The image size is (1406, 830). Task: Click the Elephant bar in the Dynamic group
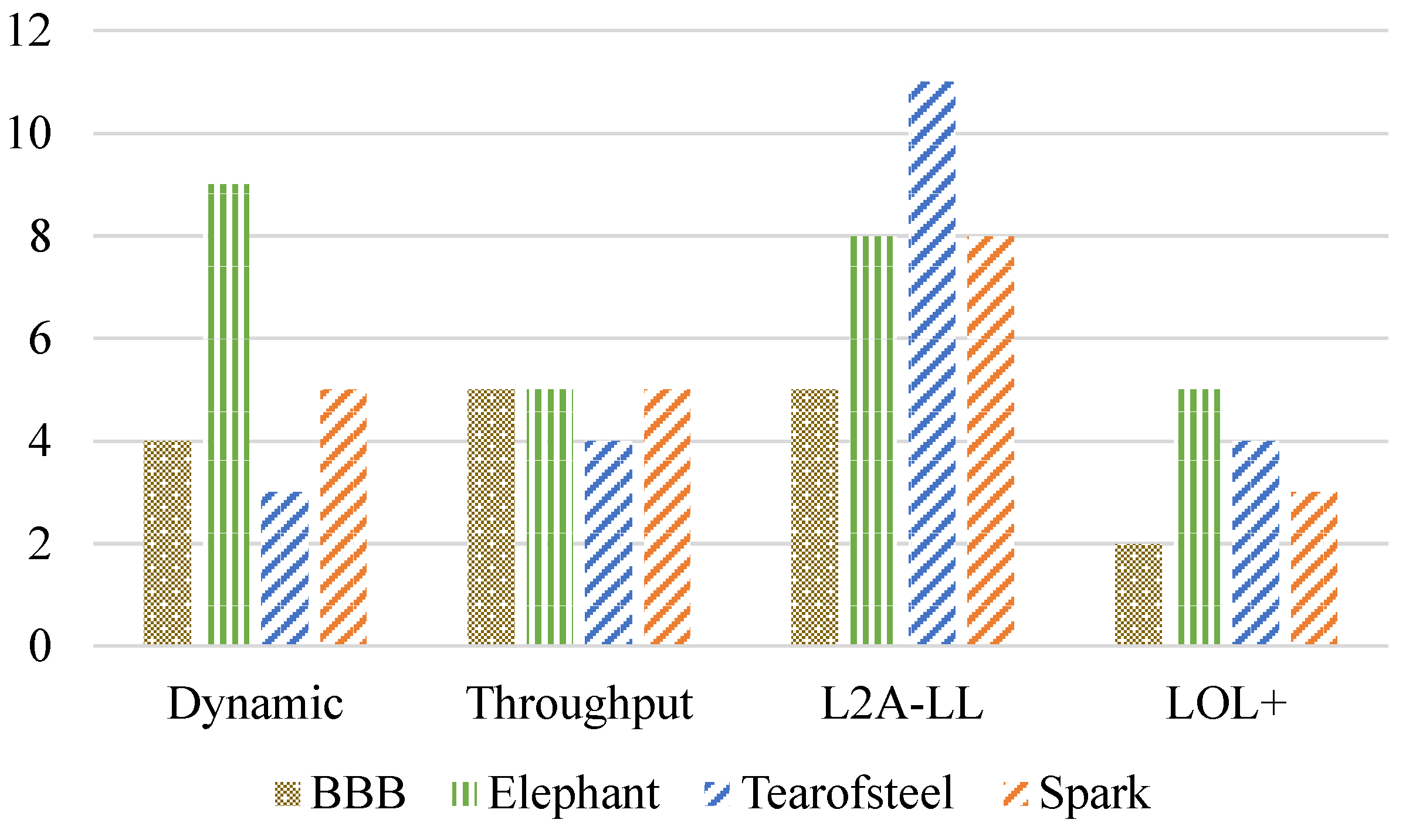click(229, 414)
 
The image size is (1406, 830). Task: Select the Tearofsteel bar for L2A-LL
click(931, 363)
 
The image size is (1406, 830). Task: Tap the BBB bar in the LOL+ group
click(1139, 594)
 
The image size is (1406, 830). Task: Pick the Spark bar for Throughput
click(667, 517)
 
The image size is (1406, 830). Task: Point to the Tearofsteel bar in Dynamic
click(284, 568)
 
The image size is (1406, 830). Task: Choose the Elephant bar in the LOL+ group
click(1199, 517)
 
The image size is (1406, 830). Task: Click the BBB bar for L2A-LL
click(815, 517)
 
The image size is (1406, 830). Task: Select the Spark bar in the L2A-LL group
click(991, 440)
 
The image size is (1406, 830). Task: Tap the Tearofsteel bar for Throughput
click(608, 543)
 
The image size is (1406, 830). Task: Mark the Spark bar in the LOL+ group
click(1314, 568)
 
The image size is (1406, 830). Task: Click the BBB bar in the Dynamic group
click(168, 543)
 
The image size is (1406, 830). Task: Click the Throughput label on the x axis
click(579, 703)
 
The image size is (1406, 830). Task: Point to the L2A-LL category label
click(902, 703)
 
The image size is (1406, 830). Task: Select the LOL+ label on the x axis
click(1226, 703)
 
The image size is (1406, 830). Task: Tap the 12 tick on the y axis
click(29, 31)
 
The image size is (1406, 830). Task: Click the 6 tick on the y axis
click(39, 339)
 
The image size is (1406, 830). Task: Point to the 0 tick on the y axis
click(39, 646)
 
